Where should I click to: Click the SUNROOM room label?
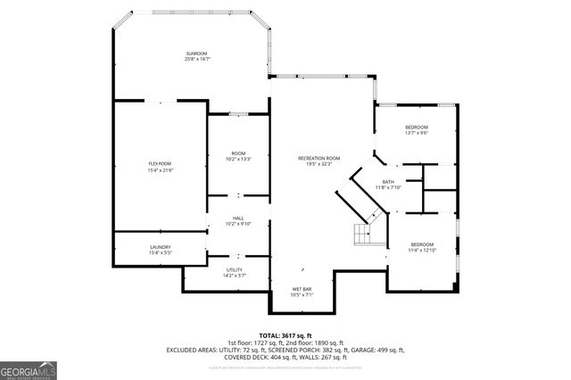197,54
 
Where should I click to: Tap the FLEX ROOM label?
160,163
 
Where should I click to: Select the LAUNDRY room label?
160,247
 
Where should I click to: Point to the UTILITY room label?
235,269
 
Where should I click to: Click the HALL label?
238,218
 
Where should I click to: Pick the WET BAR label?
301,288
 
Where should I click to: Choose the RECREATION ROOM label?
319,158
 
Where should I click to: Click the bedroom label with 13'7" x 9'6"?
417,127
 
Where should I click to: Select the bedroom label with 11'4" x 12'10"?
422,244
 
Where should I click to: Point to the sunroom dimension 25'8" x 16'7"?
197,59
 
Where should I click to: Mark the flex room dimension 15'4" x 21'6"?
160,169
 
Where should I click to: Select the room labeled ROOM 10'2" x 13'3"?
238,156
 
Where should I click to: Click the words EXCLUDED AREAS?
191,350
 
